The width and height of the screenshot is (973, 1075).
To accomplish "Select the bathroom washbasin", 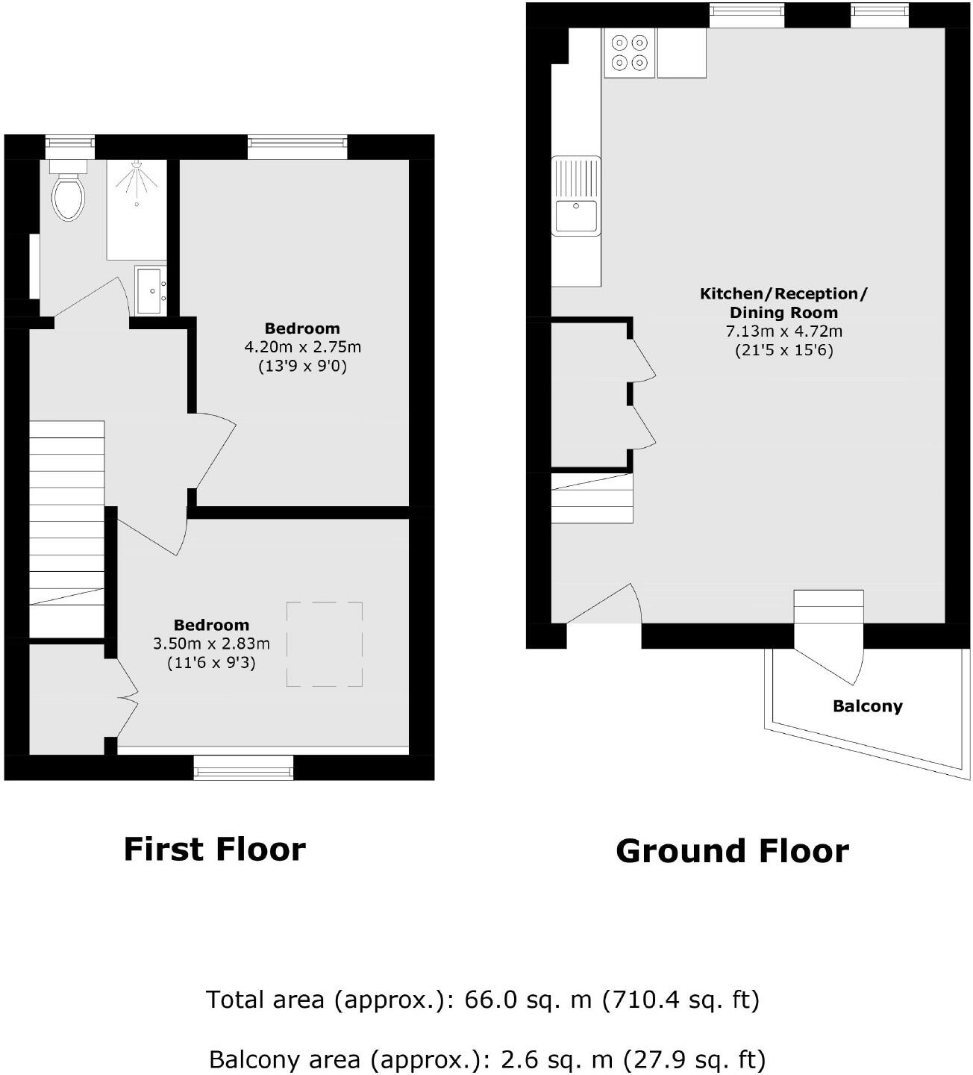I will point(151,290).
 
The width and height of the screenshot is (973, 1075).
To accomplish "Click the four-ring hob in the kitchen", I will point(629,53).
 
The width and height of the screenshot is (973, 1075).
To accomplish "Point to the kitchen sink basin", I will point(575,216).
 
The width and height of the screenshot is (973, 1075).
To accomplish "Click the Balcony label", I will point(867,706).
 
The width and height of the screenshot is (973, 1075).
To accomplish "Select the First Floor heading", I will point(214,850).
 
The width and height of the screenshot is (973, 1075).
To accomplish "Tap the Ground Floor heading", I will point(732,851).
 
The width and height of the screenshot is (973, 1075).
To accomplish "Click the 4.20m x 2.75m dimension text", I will point(302,347).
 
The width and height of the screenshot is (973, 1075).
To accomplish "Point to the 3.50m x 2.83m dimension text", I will point(211,644).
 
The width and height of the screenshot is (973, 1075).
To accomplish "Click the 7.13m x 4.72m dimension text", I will point(783,331).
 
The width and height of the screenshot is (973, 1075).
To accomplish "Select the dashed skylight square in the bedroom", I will point(325,644).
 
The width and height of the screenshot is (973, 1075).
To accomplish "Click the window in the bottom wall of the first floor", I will point(243,768).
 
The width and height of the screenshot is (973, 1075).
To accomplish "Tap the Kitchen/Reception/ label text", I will point(783,293).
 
